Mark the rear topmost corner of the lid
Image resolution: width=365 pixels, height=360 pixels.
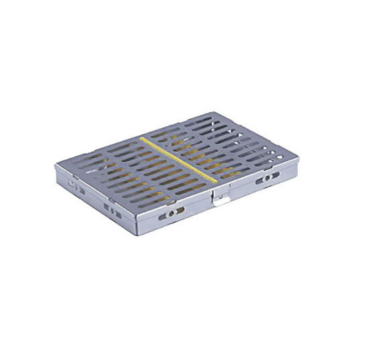click(212, 112)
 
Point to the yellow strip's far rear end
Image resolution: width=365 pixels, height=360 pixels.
click(143, 138)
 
